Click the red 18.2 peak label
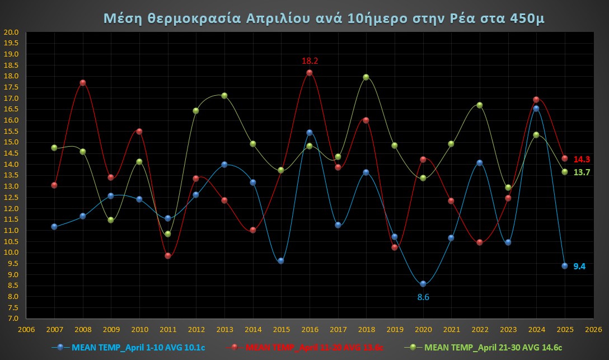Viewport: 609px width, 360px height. [x=310, y=61]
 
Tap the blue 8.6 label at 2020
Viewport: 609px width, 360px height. [x=423, y=297]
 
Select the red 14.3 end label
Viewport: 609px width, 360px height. [x=582, y=159]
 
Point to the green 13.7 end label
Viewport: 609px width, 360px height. [x=582, y=172]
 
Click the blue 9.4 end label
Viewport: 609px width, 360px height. [x=579, y=267]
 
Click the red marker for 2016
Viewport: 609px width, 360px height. [x=310, y=73]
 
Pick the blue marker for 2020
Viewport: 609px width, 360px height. [x=423, y=284]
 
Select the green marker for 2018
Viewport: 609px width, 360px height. [x=366, y=77]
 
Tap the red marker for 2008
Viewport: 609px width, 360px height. [x=83, y=83]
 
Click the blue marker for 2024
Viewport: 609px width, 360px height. [x=536, y=109]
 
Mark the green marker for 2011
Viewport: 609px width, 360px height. [x=168, y=234]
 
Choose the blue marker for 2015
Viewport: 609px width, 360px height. [x=281, y=261]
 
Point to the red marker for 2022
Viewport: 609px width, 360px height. [x=480, y=242]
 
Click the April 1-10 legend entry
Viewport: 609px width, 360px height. [x=132, y=348]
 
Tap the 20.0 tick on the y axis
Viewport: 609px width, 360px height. [x=11, y=32]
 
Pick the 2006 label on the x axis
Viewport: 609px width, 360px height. [x=26, y=329]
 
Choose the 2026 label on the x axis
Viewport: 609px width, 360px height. [x=593, y=329]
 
